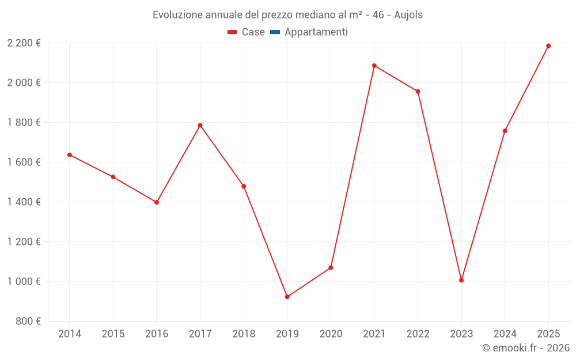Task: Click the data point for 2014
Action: pos(70,155)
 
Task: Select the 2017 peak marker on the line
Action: pos(200,125)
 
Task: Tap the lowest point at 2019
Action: pos(287,297)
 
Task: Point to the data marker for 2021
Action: pos(374,66)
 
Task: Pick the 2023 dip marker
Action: pos(461,281)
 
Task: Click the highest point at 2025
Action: pos(548,46)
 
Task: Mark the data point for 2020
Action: pos(331,268)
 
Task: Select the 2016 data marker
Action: pos(157,202)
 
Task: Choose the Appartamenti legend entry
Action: pos(316,32)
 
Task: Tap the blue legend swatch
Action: pos(275,32)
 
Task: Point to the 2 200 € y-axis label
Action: pos(24,43)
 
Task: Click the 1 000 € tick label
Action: pos(24,282)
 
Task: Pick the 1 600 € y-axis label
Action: pos(24,162)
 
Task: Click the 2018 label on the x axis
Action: pos(244,334)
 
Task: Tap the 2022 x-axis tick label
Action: pos(418,334)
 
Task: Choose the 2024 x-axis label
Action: pos(505,334)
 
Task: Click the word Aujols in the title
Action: pos(408,15)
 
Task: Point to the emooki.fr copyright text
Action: pos(526,348)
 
